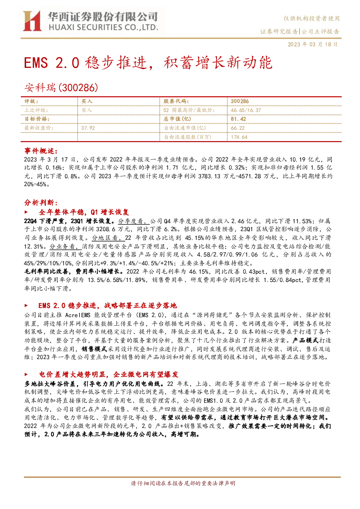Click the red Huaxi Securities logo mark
coord(32,21)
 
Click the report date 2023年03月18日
coord(313,44)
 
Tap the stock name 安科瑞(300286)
coord(61,87)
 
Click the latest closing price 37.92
coord(88,128)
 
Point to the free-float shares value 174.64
coord(239,137)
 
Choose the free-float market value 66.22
coord(237,128)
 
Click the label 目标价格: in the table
coord(37,119)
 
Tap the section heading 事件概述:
coord(41,151)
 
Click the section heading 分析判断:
coord(41,202)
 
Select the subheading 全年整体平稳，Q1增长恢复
coord(84,212)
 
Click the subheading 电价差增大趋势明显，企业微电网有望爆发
coord(109,374)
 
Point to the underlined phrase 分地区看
coord(108,238)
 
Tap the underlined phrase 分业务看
coord(65,247)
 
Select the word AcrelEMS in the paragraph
coord(78,315)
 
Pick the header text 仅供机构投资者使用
coord(311,18)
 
